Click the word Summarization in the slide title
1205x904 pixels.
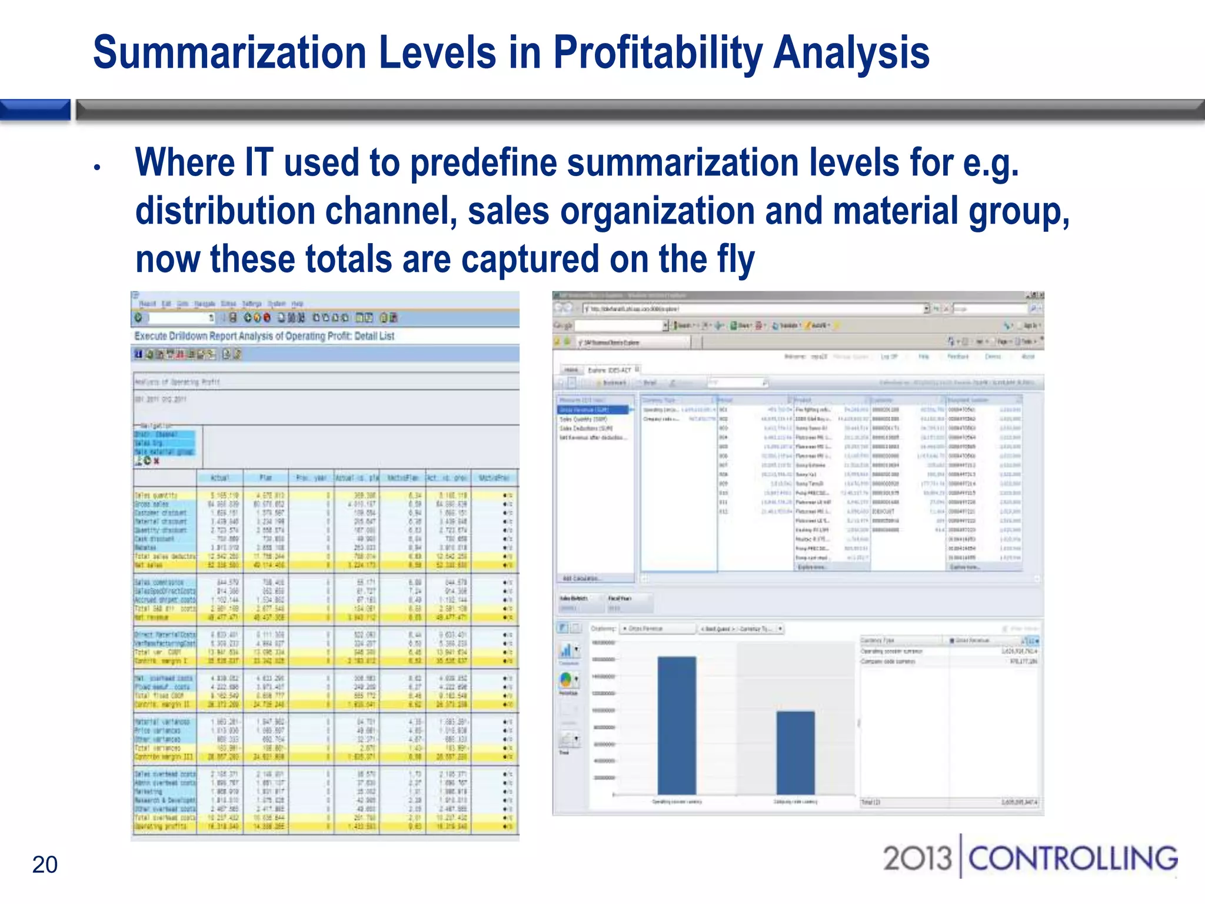pyautogui.click(x=229, y=53)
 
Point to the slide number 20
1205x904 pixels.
pyautogui.click(x=45, y=865)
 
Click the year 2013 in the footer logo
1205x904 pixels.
pyautogui.click(x=917, y=858)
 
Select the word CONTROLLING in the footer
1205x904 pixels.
pyautogui.click(x=1073, y=858)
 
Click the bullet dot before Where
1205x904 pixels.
pyautogui.click(x=98, y=168)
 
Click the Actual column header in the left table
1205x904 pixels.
pyautogui.click(x=219, y=477)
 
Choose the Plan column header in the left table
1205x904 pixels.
pyautogui.click(x=266, y=477)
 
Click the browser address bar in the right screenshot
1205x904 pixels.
pyautogui.click(x=753, y=308)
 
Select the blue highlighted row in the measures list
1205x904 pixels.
pyautogui.click(x=593, y=410)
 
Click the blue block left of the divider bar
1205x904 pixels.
pyautogui.click(x=35, y=109)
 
